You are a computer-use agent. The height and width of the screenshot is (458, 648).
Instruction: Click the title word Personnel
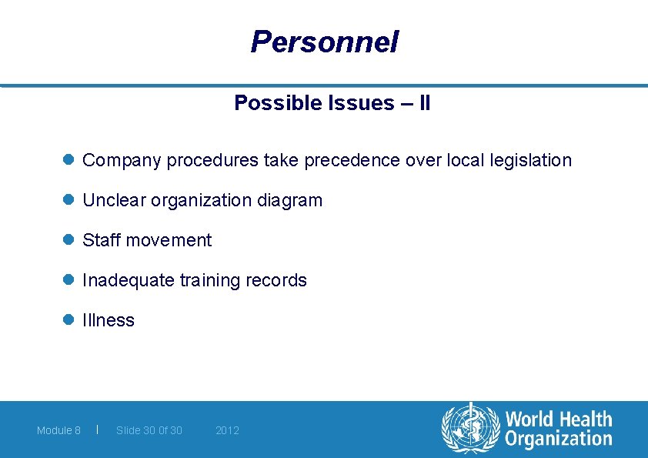pos(324,42)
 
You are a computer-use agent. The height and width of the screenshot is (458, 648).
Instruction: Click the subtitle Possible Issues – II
pos(332,103)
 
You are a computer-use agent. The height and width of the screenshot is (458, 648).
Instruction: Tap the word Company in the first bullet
pos(122,161)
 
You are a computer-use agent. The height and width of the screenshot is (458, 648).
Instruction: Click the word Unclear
pos(114,201)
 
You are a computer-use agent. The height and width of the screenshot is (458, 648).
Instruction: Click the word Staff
pos(101,241)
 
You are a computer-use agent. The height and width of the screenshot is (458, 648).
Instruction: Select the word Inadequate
pos(128,281)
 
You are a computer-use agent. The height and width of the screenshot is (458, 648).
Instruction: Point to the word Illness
pos(109,321)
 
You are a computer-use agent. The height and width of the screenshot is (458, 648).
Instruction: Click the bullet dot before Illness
pos(68,320)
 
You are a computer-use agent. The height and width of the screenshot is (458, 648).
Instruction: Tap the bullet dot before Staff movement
pos(68,240)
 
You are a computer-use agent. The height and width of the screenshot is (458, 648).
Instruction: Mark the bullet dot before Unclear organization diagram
pos(68,200)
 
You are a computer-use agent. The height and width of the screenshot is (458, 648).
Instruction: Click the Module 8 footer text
pos(58,430)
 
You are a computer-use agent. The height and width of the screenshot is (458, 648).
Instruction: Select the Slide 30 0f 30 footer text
pos(149,430)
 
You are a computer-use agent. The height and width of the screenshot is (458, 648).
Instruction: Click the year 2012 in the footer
pos(227,430)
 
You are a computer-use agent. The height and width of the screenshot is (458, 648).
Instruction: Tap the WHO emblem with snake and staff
pos(470,429)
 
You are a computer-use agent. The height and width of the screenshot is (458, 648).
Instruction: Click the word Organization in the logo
pos(558,440)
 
